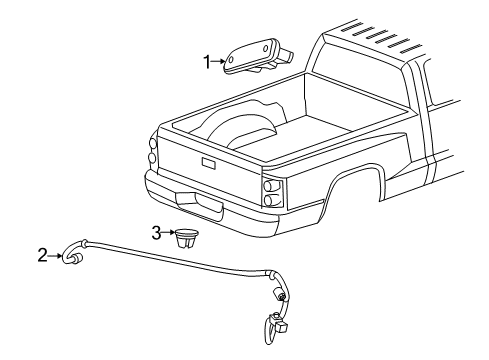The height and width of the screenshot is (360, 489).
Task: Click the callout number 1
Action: coord(207,62)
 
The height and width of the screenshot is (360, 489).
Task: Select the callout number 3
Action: coord(156,233)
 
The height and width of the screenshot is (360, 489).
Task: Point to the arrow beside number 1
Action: coord(219,62)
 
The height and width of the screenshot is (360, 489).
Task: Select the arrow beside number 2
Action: coord(55,255)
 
